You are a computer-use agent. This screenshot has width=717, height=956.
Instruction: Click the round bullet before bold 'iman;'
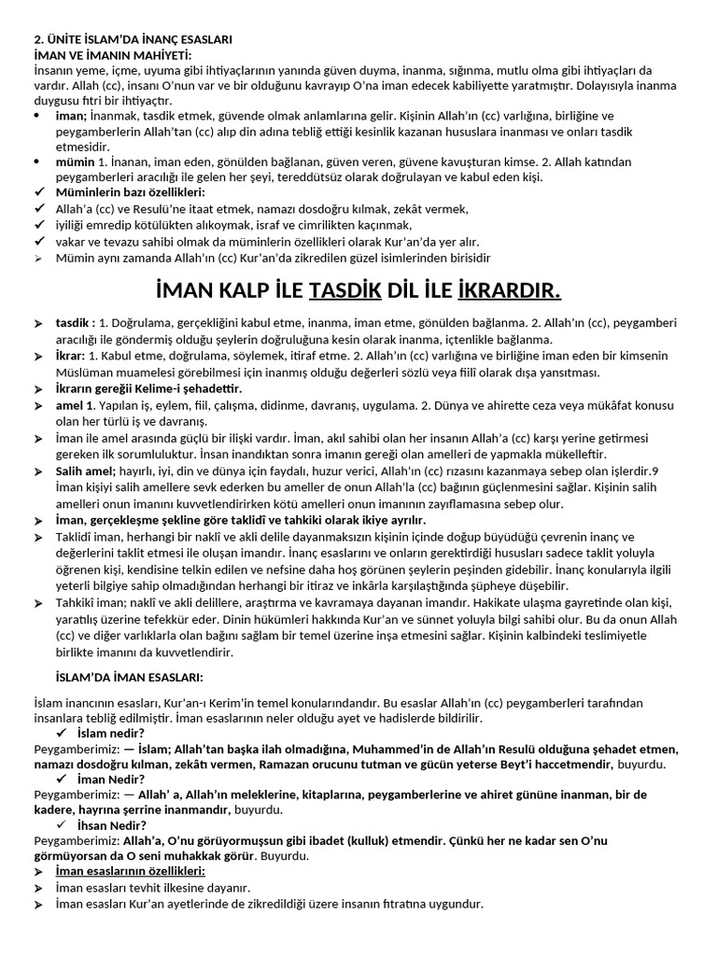point(36,116)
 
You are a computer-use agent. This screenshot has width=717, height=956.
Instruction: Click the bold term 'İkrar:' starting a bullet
point(70,356)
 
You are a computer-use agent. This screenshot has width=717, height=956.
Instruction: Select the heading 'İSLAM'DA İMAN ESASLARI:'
point(132,676)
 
